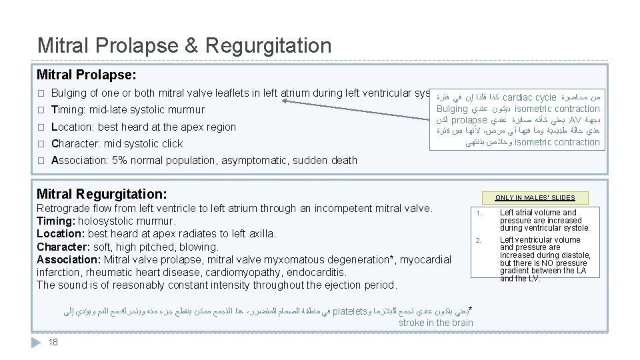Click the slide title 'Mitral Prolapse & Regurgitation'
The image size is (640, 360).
click(184, 45)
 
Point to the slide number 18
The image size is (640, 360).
click(53, 342)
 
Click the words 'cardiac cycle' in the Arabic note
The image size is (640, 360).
click(529, 97)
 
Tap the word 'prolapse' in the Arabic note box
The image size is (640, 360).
click(469, 120)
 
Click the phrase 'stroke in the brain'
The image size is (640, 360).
click(435, 323)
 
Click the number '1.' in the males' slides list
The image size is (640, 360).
click(477, 213)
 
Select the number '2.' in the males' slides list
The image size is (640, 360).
click(477, 240)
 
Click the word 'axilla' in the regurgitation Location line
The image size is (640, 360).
click(261, 233)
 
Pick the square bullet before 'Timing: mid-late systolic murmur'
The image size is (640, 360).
click(41, 110)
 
